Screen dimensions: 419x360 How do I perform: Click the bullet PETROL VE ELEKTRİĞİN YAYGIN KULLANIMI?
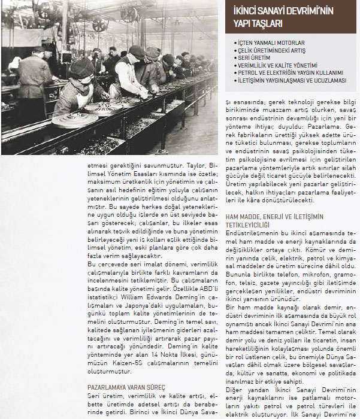pyautogui.click(x=289, y=72)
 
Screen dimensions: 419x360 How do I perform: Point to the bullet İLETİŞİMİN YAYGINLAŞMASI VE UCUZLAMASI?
pyautogui.click(x=292, y=80)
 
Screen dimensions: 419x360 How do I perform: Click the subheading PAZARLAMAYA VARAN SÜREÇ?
pyautogui.click(x=126, y=387)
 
